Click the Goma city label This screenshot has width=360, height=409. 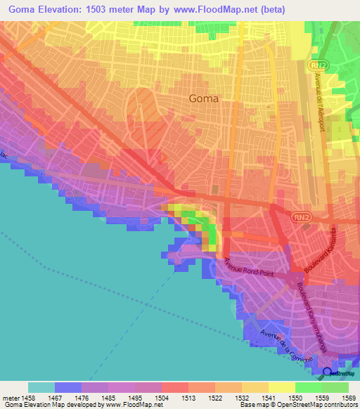[x=204, y=98]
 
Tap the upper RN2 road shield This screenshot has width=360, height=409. [x=315, y=65]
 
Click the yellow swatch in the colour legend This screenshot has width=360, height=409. [x=281, y=387]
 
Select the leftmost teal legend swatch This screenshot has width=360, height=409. [x=41, y=387]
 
